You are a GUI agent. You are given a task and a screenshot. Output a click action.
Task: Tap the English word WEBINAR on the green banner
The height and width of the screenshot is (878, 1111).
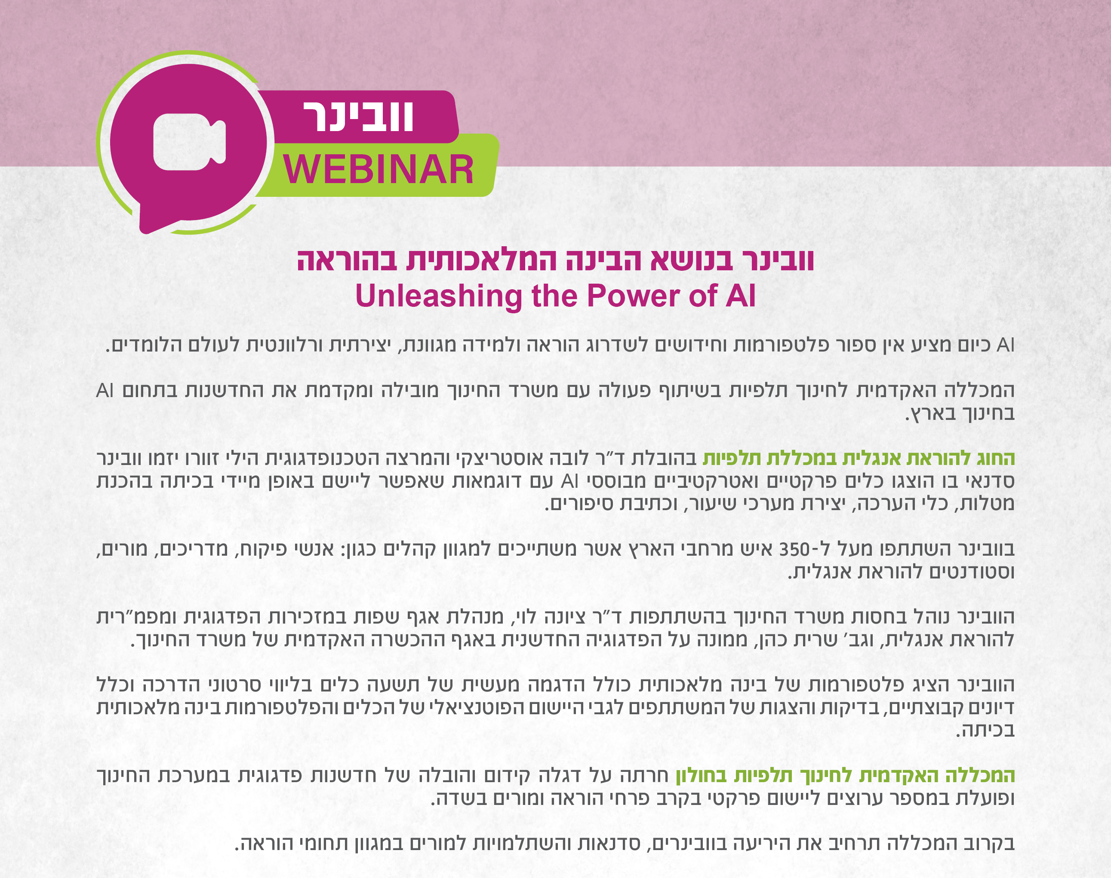[x=378, y=170]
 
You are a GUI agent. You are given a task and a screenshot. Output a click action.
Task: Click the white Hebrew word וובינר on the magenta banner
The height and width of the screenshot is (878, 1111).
[x=358, y=116]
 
